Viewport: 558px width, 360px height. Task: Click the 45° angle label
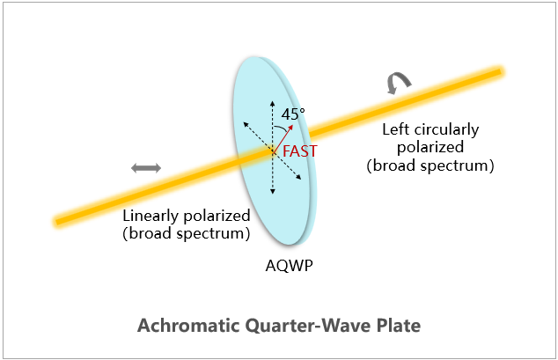(293, 114)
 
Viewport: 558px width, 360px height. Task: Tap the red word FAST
(299, 151)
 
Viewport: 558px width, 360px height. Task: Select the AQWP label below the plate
(289, 265)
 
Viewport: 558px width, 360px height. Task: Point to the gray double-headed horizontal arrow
(146, 168)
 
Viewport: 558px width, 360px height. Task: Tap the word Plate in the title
(398, 325)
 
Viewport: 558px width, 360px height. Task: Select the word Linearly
(151, 216)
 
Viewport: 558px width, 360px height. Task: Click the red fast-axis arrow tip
(292, 125)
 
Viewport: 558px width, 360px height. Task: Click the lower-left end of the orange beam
(56, 223)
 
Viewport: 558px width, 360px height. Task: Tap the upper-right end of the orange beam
(501, 72)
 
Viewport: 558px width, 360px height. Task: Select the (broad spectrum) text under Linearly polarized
(186, 234)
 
